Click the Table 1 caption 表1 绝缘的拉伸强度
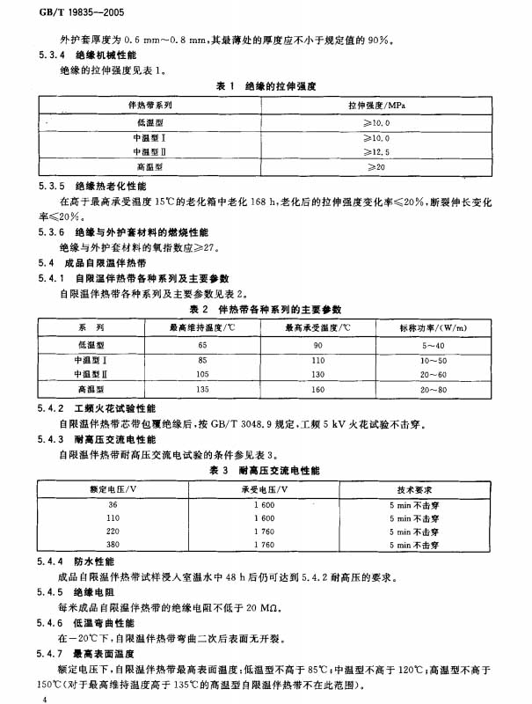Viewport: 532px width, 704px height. point(266,86)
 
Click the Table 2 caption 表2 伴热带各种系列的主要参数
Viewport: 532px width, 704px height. point(266,309)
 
